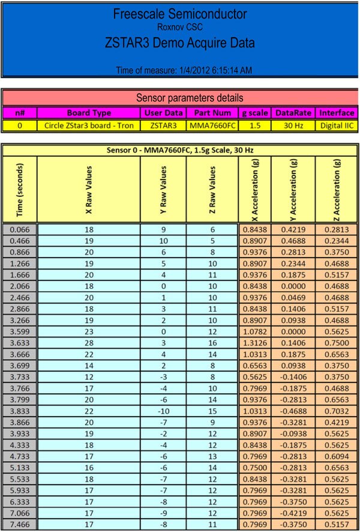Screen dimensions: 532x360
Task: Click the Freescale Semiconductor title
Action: pyautogui.click(x=180, y=14)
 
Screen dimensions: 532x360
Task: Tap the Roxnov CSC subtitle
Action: pyautogui.click(x=180, y=26)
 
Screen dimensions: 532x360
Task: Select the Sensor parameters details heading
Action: pyautogui.click(x=180, y=97)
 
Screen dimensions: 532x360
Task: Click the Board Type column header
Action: pyautogui.click(x=89, y=113)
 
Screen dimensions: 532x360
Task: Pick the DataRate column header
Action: pyautogui.click(x=293, y=113)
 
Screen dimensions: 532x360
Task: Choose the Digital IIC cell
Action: pyautogui.click(x=337, y=125)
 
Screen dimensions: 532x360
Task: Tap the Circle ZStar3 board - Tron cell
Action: pyautogui.click(x=89, y=125)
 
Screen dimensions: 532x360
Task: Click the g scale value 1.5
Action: pyautogui.click(x=254, y=125)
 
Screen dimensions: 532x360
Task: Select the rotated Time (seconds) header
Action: pyautogui.click(x=20, y=189)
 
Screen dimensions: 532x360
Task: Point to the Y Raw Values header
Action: pyautogui.click(x=163, y=189)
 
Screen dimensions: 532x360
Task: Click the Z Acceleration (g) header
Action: pyautogui.click(x=338, y=189)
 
